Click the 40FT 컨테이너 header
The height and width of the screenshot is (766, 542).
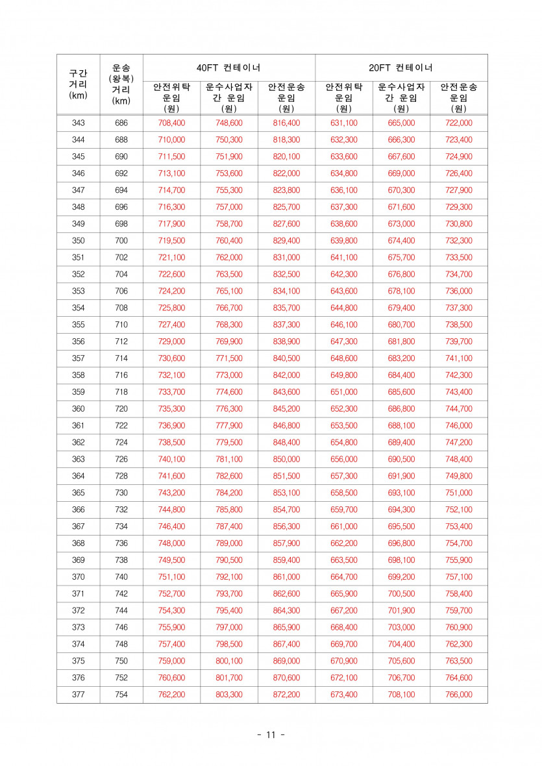coord(228,68)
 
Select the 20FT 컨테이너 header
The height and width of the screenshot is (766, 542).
coord(401,68)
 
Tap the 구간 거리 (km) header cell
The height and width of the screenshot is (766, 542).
coord(78,84)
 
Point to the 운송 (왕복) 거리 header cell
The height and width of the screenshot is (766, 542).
coord(121,84)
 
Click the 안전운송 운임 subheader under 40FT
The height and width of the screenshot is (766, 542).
coord(286,97)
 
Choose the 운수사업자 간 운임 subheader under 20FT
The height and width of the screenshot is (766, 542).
coord(401,97)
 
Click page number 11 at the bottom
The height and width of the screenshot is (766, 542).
coord(271,735)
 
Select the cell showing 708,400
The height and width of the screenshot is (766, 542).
coord(171,123)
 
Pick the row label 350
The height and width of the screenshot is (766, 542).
coord(78,241)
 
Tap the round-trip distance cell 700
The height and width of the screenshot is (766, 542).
coord(121,241)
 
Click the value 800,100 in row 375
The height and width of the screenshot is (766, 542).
coord(228,661)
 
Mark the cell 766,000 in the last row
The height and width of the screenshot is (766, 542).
coord(458,695)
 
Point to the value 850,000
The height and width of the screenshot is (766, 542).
coord(286,459)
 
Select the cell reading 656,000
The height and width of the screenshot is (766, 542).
coord(343,459)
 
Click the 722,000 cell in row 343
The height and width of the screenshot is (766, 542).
coord(458,123)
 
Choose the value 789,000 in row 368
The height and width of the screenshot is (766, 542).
coord(228,543)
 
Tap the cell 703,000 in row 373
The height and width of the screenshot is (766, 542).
coord(401,627)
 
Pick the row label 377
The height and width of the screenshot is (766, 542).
coord(78,695)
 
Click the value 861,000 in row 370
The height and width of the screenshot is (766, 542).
coord(286,577)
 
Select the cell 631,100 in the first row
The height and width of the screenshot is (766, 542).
coord(343,123)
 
